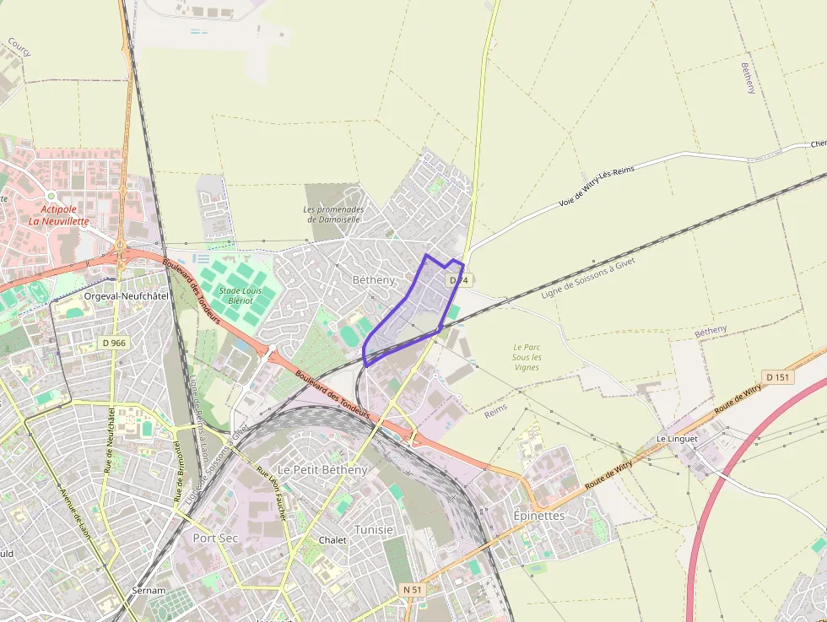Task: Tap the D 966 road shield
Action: [114, 343]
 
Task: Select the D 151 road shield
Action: [777, 377]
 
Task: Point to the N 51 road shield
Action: [412, 589]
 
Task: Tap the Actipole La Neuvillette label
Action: [58, 214]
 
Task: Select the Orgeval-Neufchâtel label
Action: [127, 297]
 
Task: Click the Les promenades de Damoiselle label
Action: [334, 214]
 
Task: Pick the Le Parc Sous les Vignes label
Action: [527, 357]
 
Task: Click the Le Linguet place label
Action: [674, 440]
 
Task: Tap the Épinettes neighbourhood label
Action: [539, 515]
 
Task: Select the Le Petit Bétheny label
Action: [323, 469]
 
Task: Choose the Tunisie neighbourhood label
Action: [374, 529]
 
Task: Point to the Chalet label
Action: [332, 540]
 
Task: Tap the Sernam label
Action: [149, 591]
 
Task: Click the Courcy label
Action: [19, 46]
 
